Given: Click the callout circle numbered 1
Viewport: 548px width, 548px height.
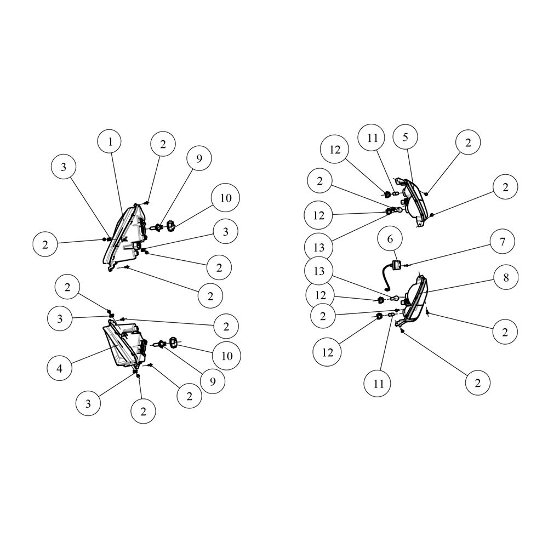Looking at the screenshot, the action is [x=111, y=142].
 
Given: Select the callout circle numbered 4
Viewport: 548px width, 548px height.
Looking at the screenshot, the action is [x=59, y=368].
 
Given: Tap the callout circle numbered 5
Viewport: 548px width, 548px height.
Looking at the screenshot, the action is [x=405, y=137].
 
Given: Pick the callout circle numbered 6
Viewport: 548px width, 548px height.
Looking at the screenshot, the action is [x=390, y=239].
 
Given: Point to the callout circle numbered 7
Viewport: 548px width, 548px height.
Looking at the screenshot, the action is [x=503, y=241].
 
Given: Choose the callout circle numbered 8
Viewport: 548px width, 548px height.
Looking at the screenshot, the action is [x=506, y=277].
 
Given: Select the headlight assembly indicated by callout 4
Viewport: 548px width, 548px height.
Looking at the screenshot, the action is [x=125, y=344].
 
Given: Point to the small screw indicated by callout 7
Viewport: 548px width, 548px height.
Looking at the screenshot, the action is [x=406, y=266].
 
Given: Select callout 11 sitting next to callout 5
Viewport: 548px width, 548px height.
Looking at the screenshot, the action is [x=372, y=138].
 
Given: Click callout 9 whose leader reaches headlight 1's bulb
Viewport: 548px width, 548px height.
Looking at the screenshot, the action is [x=199, y=159].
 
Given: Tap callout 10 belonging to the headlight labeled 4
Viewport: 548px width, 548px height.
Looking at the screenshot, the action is [x=227, y=356].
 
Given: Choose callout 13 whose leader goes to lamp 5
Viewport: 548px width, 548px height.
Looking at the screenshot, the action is [x=319, y=248].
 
